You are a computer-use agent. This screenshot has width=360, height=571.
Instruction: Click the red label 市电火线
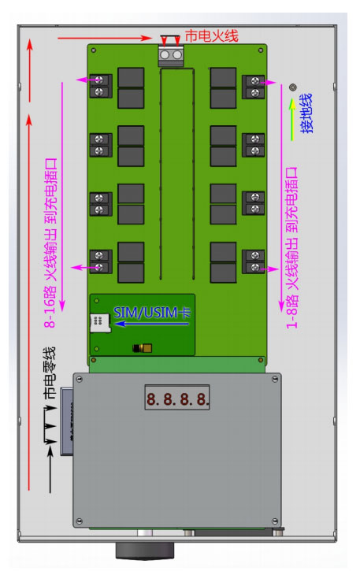pos(211,36)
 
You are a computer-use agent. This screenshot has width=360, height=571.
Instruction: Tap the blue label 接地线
pos(306,113)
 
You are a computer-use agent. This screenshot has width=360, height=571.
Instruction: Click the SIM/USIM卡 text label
pos(152,313)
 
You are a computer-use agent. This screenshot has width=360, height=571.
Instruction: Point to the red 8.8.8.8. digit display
pos(177,399)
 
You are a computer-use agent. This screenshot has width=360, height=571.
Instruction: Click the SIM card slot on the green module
pos(100,322)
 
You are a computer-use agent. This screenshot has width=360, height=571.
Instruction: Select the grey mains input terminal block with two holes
pos(171,56)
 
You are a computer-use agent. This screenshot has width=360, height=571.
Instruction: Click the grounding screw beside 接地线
pos(292,87)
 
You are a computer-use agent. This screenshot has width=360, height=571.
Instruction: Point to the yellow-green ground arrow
pos(292,120)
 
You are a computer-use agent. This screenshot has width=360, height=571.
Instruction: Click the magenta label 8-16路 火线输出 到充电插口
pos(50,242)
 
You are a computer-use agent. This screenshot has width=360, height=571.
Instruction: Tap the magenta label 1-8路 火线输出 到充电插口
pos(292,247)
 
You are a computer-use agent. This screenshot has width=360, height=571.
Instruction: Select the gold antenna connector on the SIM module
pos(143,348)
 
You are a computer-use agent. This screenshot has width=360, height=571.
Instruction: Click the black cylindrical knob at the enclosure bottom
pos(145,551)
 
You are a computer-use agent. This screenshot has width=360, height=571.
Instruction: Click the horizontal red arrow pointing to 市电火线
pos(105,38)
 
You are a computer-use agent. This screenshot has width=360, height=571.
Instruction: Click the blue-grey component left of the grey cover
pos(67,421)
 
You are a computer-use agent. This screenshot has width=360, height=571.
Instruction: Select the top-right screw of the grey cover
pos(275,380)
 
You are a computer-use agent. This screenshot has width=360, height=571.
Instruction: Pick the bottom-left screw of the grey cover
pos(79,521)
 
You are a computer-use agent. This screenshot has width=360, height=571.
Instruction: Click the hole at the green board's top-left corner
pos(94,50)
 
